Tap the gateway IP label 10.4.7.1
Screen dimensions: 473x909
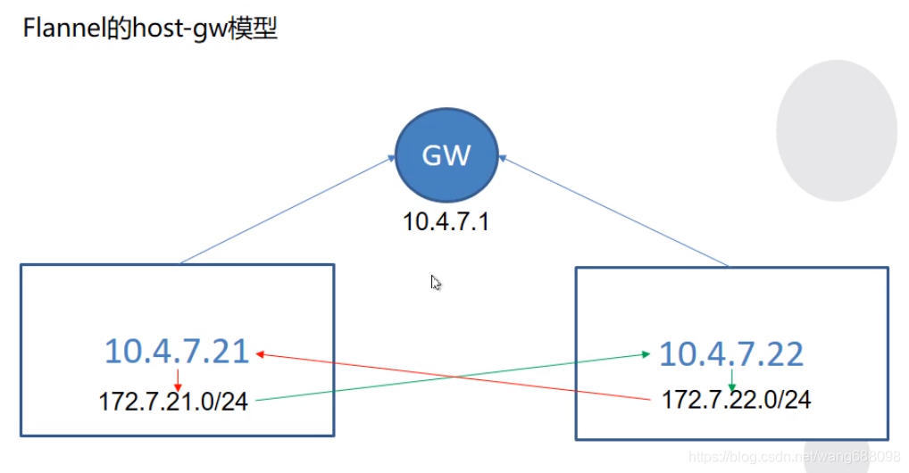446,221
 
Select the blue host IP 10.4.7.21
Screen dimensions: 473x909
177,352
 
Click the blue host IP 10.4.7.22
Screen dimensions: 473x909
731,354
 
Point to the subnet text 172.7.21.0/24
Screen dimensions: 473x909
173,402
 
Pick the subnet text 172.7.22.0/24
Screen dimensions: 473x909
736,399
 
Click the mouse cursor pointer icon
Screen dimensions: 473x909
436,283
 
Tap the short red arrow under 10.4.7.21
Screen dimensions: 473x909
178,378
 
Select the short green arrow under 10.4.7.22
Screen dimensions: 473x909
731,379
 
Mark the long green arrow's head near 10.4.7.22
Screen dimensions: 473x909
646,354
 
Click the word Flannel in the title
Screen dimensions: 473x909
56,29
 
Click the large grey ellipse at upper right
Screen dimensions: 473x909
836,130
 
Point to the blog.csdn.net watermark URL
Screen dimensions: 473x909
795,457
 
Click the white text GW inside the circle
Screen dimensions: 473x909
446,156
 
